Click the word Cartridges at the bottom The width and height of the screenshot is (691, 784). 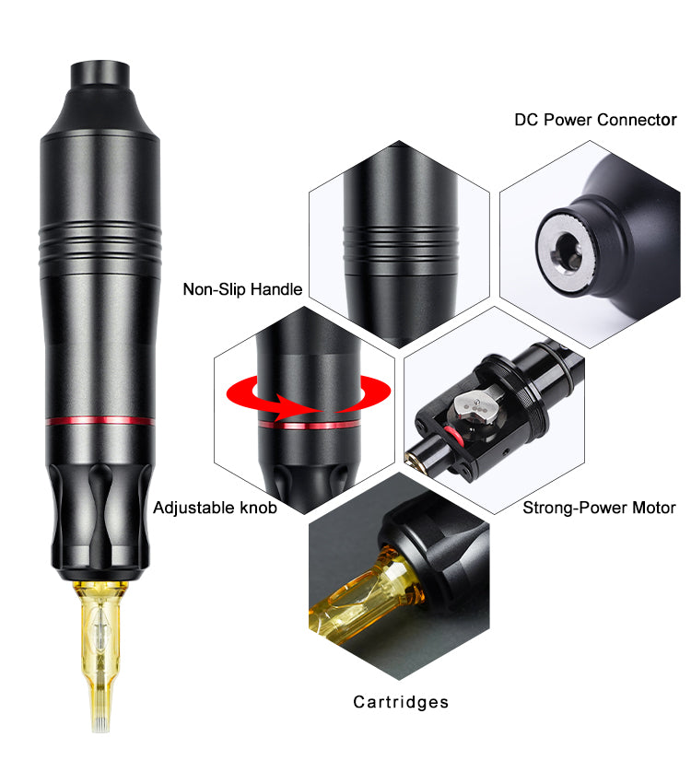coord(401,703)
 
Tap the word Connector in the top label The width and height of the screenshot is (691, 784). coord(637,120)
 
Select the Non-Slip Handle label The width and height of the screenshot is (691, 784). coord(242,289)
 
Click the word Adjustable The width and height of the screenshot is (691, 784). coord(194,508)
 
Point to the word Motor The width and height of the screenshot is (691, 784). coord(654,508)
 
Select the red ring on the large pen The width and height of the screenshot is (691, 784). coord(100,420)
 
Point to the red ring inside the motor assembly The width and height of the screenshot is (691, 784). coord(453,436)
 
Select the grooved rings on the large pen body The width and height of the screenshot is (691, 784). coord(100,243)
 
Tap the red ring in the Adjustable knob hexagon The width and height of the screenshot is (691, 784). coord(309,425)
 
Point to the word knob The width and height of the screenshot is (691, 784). coord(259,508)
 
